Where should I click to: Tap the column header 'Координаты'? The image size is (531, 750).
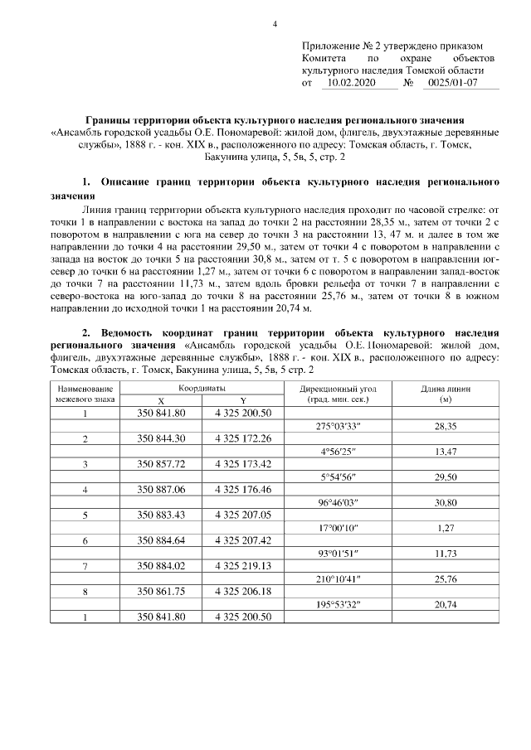click(202, 388)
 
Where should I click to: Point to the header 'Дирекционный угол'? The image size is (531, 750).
click(344, 388)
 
